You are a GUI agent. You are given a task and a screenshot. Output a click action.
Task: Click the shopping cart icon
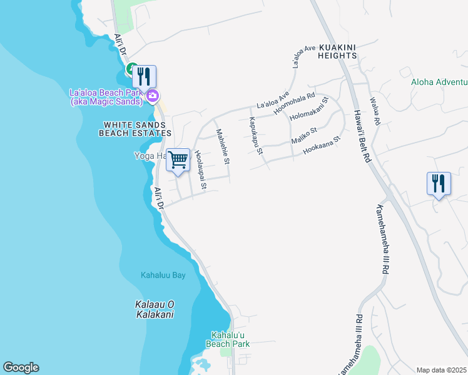pyautogui.click(x=178, y=159)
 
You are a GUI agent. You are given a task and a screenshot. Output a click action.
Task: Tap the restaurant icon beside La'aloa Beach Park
pyautogui.click(x=145, y=76)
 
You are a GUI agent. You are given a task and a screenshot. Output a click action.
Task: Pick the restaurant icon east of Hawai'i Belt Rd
pyautogui.click(x=439, y=184)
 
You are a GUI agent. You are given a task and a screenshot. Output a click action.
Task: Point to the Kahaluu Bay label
pyautogui.click(x=163, y=275)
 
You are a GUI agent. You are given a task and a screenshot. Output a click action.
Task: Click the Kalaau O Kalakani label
pyautogui.click(x=155, y=309)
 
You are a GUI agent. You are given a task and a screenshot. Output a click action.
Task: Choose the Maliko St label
pyautogui.click(x=305, y=136)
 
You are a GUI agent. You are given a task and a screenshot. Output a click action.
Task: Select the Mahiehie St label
pyautogui.click(x=223, y=147)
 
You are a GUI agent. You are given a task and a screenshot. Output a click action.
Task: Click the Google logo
pyautogui.click(x=21, y=367)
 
